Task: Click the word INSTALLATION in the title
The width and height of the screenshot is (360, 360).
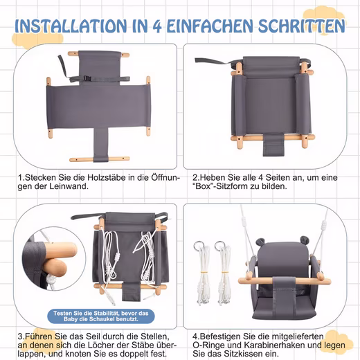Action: point(71,26)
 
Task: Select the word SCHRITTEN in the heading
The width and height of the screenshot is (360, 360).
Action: point(302,26)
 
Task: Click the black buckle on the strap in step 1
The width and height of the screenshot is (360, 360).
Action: point(87,78)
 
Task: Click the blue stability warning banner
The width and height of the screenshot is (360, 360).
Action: point(101,316)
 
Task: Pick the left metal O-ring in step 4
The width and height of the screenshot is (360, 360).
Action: point(199,246)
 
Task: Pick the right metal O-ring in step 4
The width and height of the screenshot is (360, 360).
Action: point(219,246)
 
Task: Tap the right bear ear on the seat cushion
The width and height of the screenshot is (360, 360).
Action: point(305,240)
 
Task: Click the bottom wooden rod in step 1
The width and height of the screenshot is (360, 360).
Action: point(100,159)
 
